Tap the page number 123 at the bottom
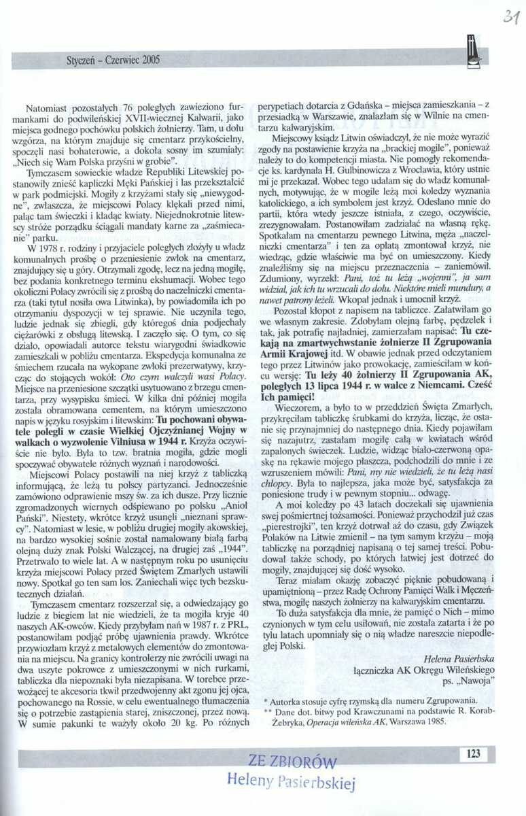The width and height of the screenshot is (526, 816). click(473, 753)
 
